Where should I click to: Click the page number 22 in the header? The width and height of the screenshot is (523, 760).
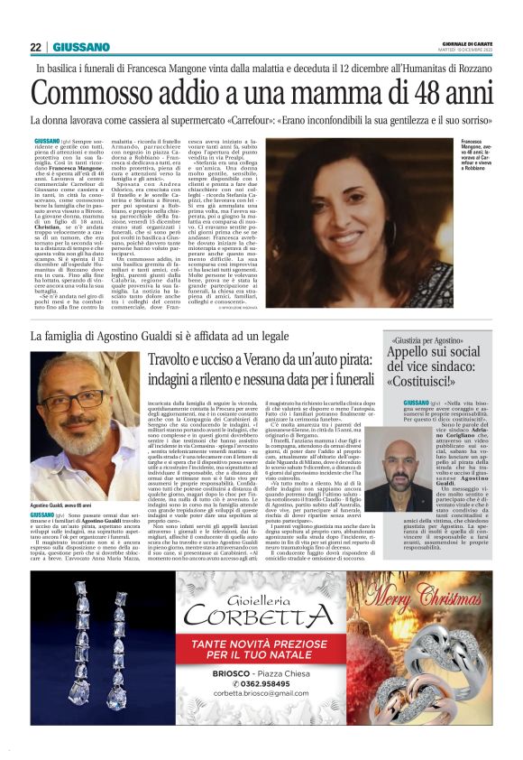pos(35,47)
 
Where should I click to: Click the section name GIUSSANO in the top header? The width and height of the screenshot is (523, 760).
pos(81,47)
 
